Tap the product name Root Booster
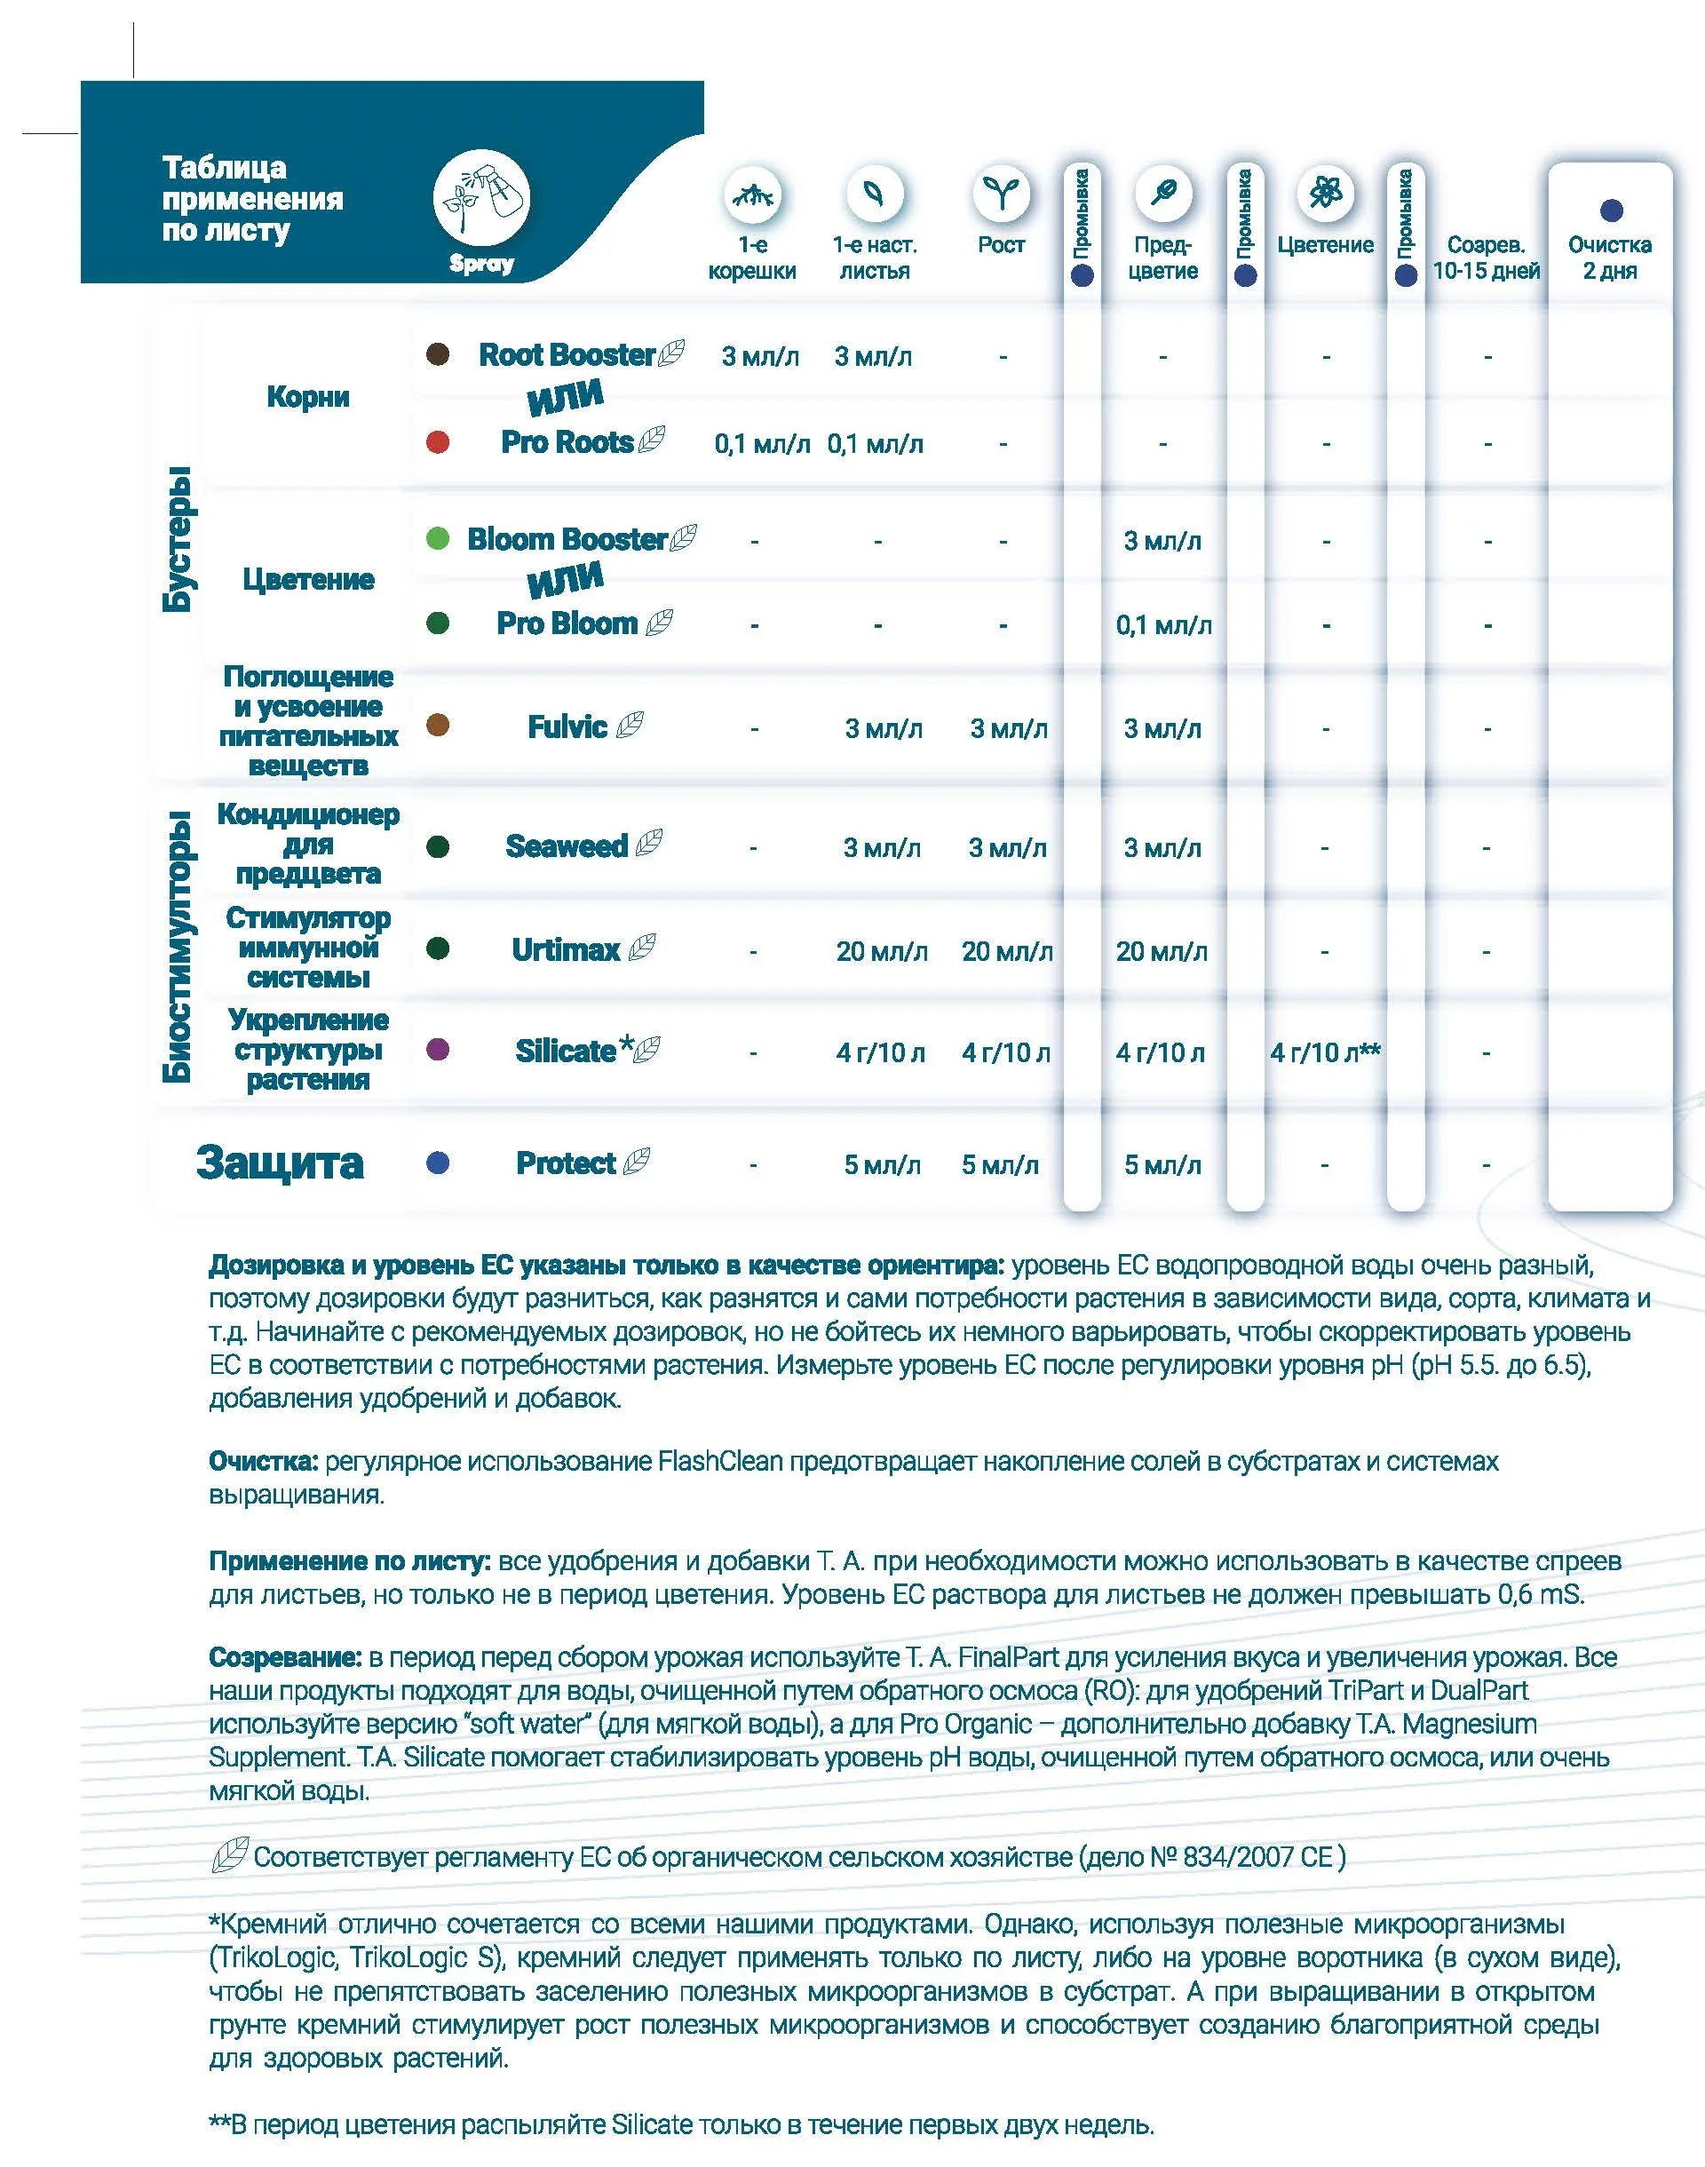pyautogui.click(x=566, y=354)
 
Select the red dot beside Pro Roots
pyautogui.click(x=437, y=442)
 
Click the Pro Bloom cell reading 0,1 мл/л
pyautogui.click(x=1163, y=626)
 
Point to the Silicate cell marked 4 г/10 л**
pyautogui.click(x=1325, y=1052)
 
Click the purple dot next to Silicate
pyautogui.click(x=437, y=1050)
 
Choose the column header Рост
pyautogui.click(x=1001, y=245)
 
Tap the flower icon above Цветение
pyautogui.click(x=1325, y=193)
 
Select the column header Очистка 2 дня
pyautogui.click(x=1609, y=258)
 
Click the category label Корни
pyautogui.click(x=307, y=397)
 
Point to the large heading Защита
pyautogui.click(x=280, y=1163)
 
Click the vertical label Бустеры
pyautogui.click(x=178, y=539)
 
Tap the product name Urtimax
pyautogui.click(x=566, y=949)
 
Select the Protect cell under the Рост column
pyautogui.click(x=1000, y=1165)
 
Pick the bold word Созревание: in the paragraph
pyautogui.click(x=284, y=1658)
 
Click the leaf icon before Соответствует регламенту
pyautogui.click(x=230, y=1855)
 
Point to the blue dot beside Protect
pyautogui.click(x=437, y=1163)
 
